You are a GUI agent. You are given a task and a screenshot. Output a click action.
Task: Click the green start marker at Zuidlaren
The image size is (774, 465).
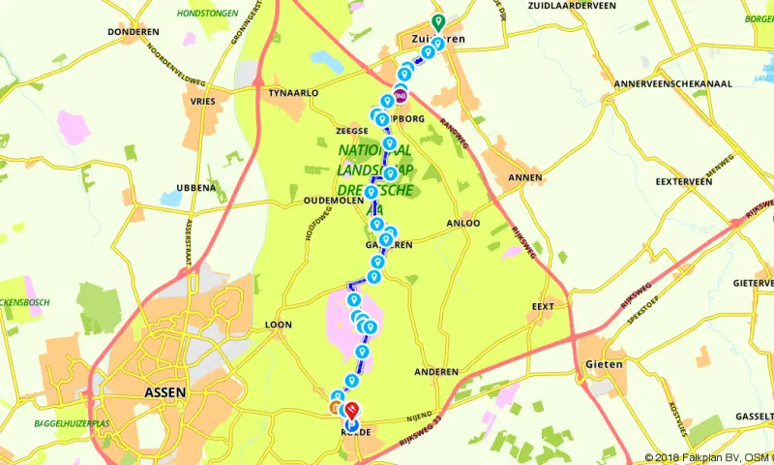[x=437, y=20]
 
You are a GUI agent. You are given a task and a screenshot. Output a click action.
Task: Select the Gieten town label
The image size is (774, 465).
[x=602, y=364]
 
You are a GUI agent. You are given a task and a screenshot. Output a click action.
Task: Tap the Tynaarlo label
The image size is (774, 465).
[x=293, y=92]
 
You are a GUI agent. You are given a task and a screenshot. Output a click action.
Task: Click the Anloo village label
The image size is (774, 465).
[x=461, y=222]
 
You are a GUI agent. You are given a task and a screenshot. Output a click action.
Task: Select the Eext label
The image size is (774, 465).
[x=543, y=306]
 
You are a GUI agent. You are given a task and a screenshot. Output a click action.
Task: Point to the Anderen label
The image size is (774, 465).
[x=435, y=372]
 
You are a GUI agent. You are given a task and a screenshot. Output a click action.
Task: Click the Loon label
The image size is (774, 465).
[x=278, y=325]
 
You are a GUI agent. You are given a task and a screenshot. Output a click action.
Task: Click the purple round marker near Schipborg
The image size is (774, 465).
[x=400, y=96]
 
